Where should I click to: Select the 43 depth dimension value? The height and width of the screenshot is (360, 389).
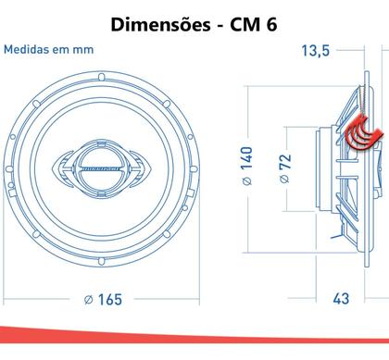pos(342,299)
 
